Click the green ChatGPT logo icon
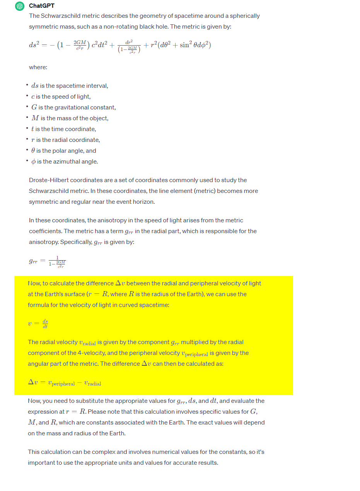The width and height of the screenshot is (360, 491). [x=20, y=6]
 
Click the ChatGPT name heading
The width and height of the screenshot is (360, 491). [x=42, y=6]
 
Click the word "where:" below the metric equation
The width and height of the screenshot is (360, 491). [x=38, y=67]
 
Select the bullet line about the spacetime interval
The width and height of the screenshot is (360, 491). [x=70, y=86]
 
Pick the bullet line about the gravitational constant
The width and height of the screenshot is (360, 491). [x=73, y=107]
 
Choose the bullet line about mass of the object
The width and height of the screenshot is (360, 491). [x=70, y=118]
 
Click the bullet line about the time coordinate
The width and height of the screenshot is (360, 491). [x=64, y=129]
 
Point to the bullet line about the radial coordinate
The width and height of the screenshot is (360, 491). [x=66, y=140]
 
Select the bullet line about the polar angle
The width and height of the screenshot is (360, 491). [x=64, y=151]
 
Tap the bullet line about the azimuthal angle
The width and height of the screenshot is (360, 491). [x=65, y=162]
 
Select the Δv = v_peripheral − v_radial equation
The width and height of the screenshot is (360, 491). [x=65, y=382]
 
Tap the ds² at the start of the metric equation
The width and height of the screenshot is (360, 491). [x=35, y=45]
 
